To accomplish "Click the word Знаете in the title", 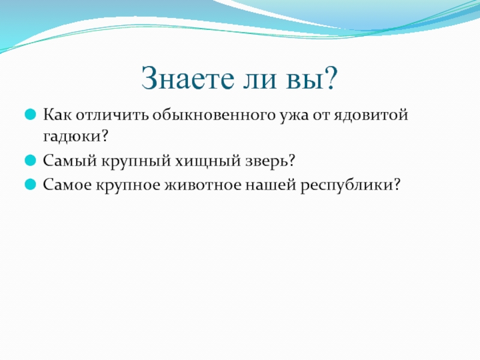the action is tap(187, 78).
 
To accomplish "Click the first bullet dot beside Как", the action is tap(30, 115).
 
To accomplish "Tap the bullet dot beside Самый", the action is tap(30, 160).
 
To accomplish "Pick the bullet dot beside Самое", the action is tap(30, 185).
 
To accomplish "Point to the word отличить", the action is tap(112, 116).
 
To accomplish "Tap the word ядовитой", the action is tap(371, 115).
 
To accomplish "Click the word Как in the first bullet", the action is tap(58, 115).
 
